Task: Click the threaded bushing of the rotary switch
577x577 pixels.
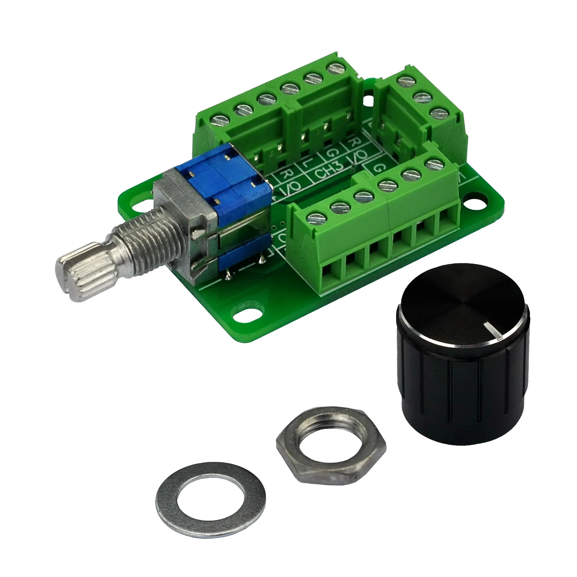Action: tap(142, 243)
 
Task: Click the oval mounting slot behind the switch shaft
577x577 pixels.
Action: tap(142, 204)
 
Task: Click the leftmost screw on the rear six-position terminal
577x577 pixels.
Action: tap(219, 120)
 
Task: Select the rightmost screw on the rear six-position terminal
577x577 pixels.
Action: tap(334, 68)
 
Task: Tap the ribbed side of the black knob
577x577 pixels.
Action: tap(462, 395)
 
